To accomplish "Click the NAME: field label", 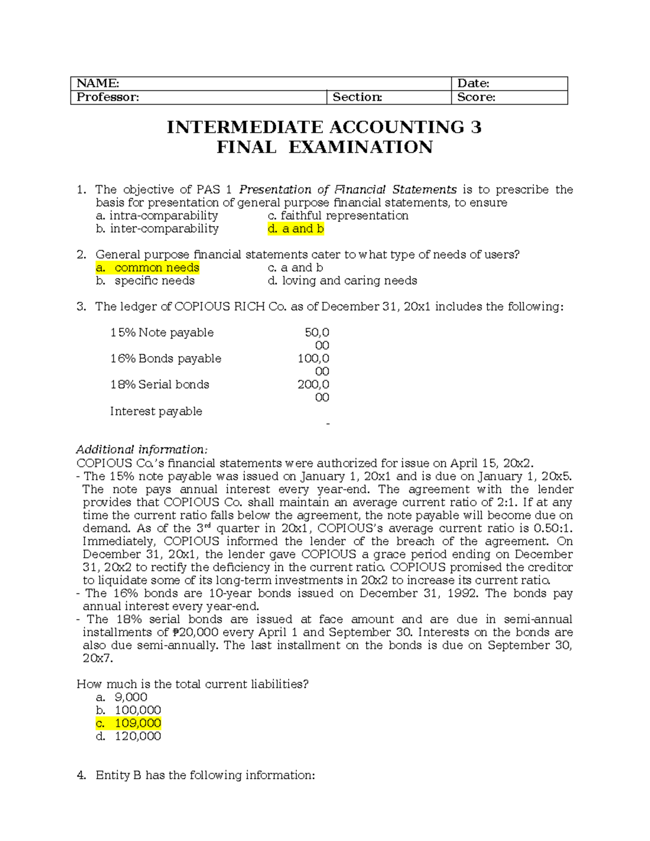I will pos(97,83).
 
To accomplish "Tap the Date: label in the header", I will pos(473,83).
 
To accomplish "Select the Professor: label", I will pos(108,97).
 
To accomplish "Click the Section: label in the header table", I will pos(357,97).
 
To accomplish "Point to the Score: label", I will pos(476,97).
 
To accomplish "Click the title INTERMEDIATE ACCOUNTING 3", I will pos(324,127).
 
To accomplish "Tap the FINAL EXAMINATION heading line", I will pos(324,147).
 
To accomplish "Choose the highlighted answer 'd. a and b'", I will pos(296,229).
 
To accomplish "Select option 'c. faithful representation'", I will pos(338,216).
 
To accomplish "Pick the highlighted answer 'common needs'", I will pos(157,268).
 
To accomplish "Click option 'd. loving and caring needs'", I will pos(342,281).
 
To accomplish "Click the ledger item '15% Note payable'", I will pos(161,333).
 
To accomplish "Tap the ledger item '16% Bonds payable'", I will pos(165,358).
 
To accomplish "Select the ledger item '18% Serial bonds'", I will pos(159,384).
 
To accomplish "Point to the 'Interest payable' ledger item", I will pos(156,411).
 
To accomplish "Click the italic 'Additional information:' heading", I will pos(141,449).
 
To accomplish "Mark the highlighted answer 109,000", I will pos(138,723).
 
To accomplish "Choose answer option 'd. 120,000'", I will pos(128,736).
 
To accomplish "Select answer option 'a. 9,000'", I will pos(122,697).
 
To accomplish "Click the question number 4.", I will pos(81,775).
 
